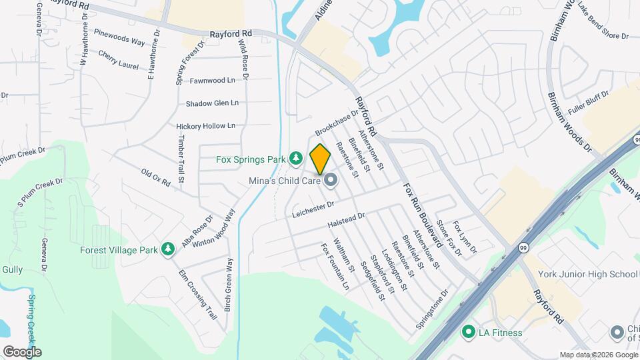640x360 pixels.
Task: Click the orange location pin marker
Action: pos(320,159)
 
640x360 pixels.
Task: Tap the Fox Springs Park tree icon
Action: pos(295,159)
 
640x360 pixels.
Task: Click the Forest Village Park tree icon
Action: pos(169,250)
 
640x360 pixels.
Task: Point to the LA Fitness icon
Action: pos(469,331)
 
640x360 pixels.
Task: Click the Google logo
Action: pos(21,351)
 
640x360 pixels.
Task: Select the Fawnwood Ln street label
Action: pos(213,81)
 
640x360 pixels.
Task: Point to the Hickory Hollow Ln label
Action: pos(205,125)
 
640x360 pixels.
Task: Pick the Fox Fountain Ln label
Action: pos(335,267)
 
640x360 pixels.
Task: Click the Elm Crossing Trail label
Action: pos(198,294)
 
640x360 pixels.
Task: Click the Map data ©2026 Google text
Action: pos(597,355)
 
